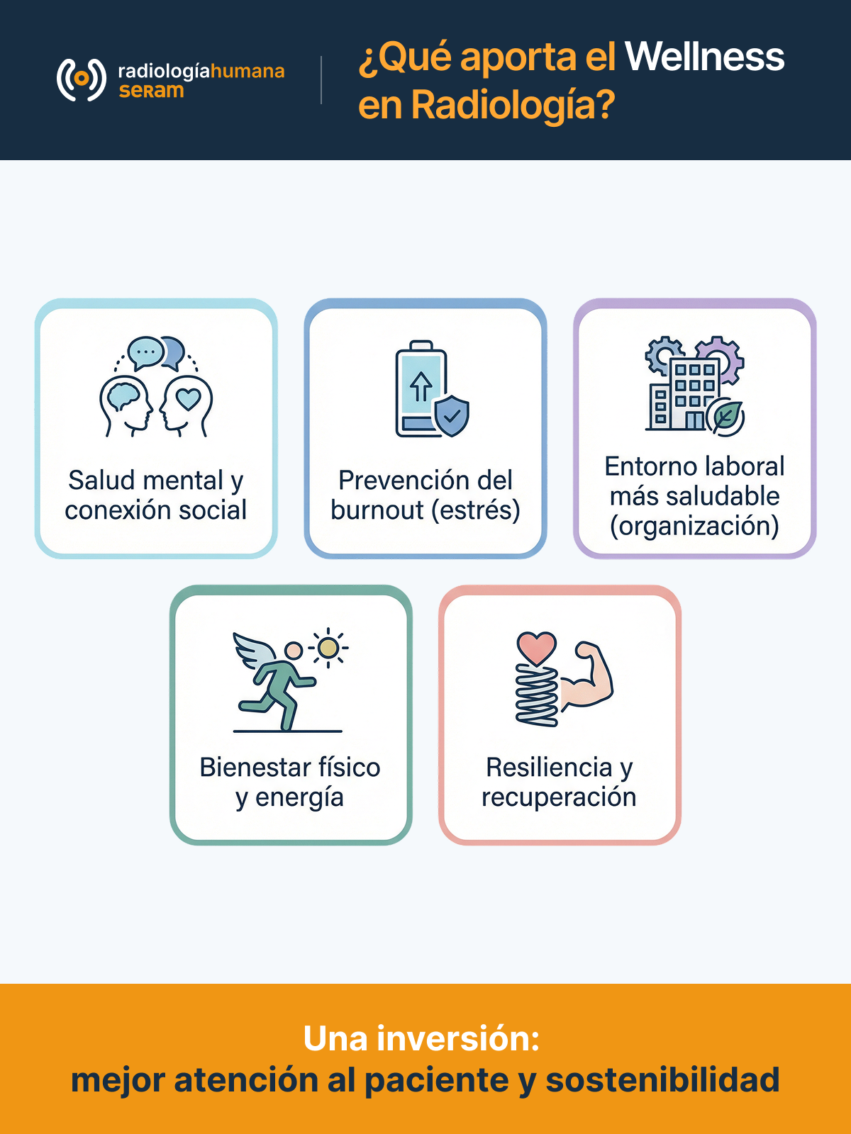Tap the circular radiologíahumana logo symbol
click(81, 79)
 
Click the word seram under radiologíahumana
click(151, 91)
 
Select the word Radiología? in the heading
click(513, 106)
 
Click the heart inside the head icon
click(188, 398)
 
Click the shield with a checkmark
click(452, 415)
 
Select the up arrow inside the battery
click(421, 386)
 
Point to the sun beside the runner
click(328, 647)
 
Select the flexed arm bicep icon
click(587, 675)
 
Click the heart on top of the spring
click(536, 648)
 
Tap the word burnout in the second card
click(377, 510)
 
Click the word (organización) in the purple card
click(694, 527)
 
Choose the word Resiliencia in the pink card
click(549, 767)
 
